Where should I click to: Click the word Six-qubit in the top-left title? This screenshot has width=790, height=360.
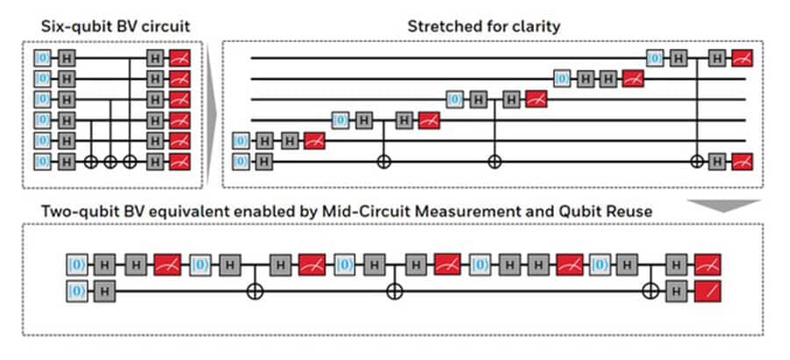pyautogui.click(x=72, y=26)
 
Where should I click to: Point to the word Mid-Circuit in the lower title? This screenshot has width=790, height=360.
pyautogui.click(x=347, y=211)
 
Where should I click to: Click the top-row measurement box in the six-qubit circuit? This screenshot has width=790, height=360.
pyautogui.click(x=180, y=59)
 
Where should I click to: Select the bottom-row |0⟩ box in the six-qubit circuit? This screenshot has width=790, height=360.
pyautogui.click(x=43, y=162)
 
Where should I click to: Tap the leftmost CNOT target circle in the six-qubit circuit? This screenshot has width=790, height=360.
pyautogui.click(x=90, y=162)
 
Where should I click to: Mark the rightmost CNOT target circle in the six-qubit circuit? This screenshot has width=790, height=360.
pyautogui.click(x=130, y=162)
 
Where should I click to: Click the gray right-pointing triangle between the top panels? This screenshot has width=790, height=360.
pyautogui.click(x=212, y=115)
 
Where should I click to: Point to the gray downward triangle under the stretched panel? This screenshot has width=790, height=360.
pyautogui.click(x=724, y=205)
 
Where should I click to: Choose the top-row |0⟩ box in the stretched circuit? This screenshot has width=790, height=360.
pyautogui.click(x=655, y=59)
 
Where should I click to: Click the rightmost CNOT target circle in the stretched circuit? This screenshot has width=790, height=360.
pyautogui.click(x=697, y=162)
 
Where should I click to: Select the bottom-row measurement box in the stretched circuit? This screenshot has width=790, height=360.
pyautogui.click(x=742, y=162)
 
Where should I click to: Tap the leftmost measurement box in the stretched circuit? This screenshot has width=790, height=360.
pyautogui.click(x=314, y=141)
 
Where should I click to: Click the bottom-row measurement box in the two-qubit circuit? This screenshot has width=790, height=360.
pyautogui.click(x=707, y=292)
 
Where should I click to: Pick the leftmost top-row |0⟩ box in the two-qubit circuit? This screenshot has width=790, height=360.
pyautogui.click(x=77, y=264)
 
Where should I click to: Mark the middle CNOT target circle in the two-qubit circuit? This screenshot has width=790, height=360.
pyautogui.click(x=394, y=292)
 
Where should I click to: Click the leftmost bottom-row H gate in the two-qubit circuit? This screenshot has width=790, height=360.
pyautogui.click(x=104, y=292)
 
